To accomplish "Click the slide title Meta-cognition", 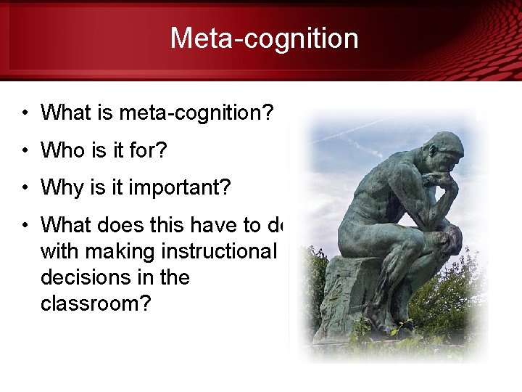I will (x=264, y=38).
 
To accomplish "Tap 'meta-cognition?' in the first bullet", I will (x=196, y=113).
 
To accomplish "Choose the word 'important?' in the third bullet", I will (x=180, y=188).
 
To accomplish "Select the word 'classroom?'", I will (x=96, y=303).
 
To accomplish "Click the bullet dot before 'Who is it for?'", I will (x=25, y=151).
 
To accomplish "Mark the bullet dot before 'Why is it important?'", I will (x=25, y=189).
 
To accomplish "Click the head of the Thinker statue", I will (x=442, y=152).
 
